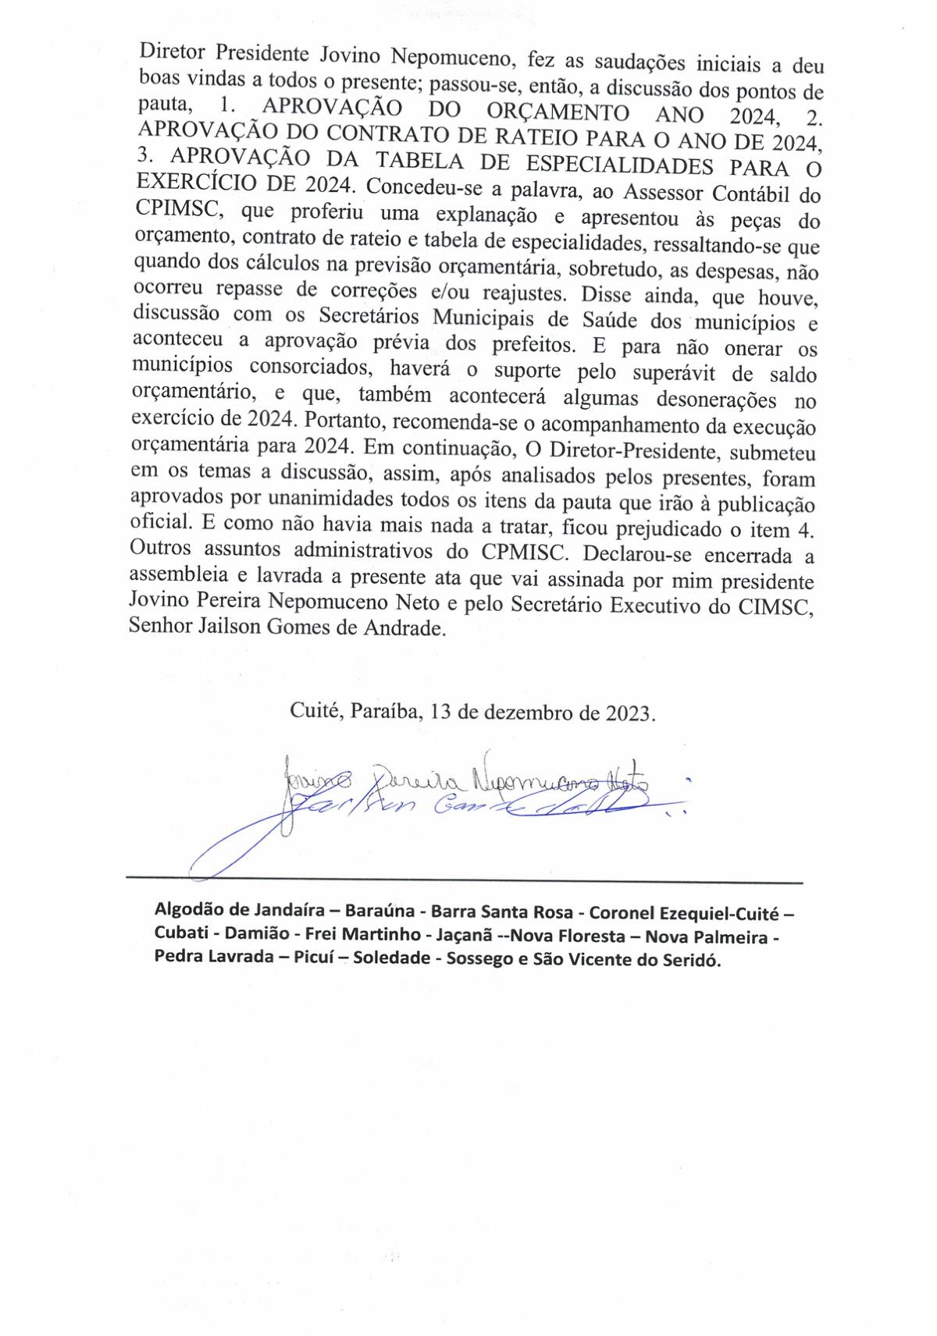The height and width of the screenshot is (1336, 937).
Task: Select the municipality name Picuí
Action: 311,958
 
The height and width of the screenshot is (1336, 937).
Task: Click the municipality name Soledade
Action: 390,958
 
